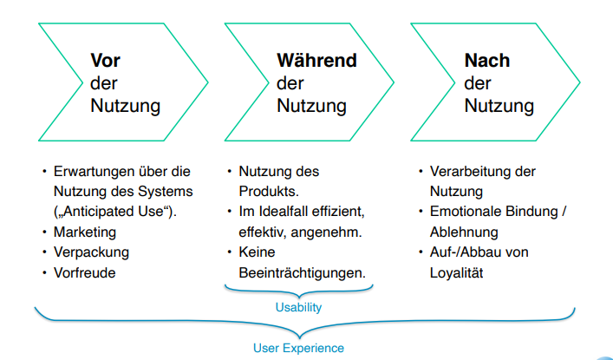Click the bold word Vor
pyautogui.click(x=107, y=62)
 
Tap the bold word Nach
pyautogui.click(x=487, y=62)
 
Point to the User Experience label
pyautogui.click(x=299, y=348)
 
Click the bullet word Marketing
pyautogui.click(x=83, y=232)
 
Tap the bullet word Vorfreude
pyautogui.click(x=85, y=272)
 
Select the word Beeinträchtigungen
pyautogui.click(x=302, y=272)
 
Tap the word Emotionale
pyautogui.click(x=465, y=212)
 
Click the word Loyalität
pyautogui.click(x=457, y=272)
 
